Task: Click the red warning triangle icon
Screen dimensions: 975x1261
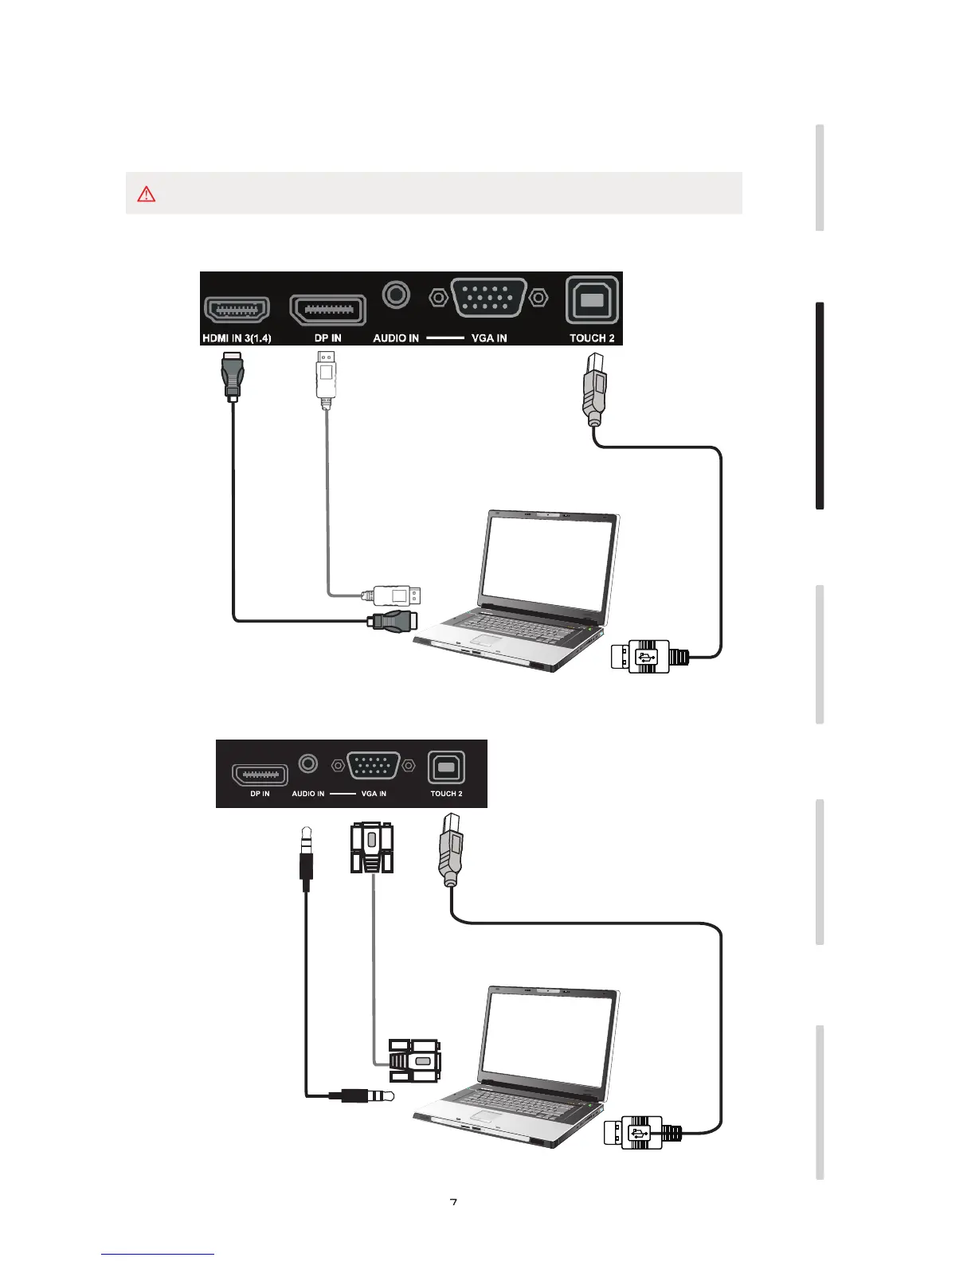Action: [x=147, y=193]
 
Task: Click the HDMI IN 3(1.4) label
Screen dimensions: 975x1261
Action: [x=237, y=338]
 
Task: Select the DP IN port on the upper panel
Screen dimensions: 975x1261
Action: [x=327, y=309]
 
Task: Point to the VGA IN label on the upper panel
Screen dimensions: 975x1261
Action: [x=489, y=338]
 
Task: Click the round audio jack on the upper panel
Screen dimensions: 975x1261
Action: [x=396, y=295]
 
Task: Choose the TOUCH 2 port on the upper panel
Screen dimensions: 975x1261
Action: [x=592, y=300]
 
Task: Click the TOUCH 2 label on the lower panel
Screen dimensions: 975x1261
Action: [x=446, y=794]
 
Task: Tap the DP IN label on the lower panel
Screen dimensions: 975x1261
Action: [x=260, y=794]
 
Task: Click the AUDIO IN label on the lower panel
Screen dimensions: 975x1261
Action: [x=307, y=794]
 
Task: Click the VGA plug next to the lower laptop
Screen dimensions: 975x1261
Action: [x=413, y=1060]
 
